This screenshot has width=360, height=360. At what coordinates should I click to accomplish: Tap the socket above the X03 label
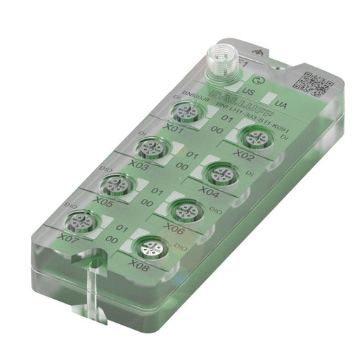click(150, 148)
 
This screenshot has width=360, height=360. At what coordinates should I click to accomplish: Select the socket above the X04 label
click(218, 173)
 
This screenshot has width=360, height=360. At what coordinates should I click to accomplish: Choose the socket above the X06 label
click(184, 210)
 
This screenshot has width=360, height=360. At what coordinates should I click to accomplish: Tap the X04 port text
click(210, 191)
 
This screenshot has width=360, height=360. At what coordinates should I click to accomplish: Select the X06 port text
click(174, 229)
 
